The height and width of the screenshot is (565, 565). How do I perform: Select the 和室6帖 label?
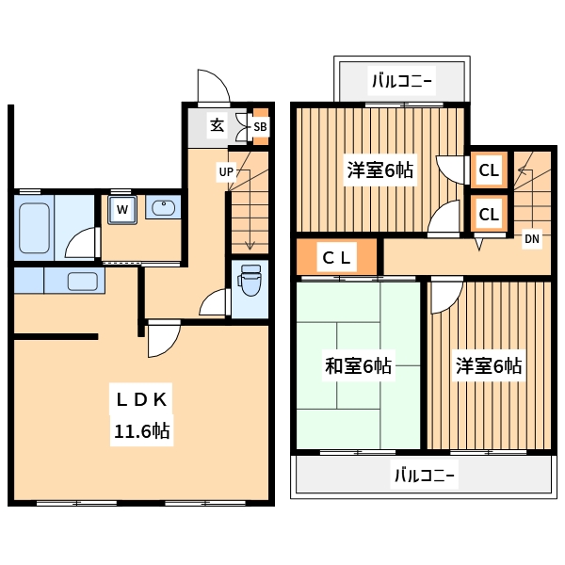(x=358, y=366)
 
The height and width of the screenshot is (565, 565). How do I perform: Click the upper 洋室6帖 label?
(x=380, y=170)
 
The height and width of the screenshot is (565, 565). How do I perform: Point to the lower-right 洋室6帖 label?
(x=489, y=366)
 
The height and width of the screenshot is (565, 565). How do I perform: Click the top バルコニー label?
(x=402, y=80)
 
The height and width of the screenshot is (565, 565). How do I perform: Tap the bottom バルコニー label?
(x=423, y=476)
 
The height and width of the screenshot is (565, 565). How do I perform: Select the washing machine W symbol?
(x=121, y=208)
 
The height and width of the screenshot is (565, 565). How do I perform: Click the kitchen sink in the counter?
(x=82, y=281)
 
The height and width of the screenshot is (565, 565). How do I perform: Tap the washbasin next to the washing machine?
(x=163, y=207)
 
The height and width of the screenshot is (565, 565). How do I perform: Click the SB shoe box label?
(x=260, y=126)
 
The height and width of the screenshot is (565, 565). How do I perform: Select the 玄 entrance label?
(x=217, y=125)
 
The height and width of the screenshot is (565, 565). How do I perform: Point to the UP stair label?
(x=226, y=171)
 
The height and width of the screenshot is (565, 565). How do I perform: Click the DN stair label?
(x=532, y=239)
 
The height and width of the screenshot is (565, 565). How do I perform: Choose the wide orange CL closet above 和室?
(x=337, y=256)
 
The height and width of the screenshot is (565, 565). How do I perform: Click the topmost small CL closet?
(x=489, y=170)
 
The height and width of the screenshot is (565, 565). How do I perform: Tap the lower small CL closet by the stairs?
(x=489, y=214)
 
